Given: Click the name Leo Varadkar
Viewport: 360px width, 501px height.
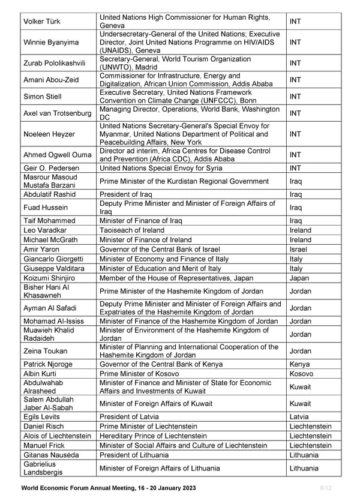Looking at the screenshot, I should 44,230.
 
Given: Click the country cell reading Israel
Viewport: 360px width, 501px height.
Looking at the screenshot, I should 298,249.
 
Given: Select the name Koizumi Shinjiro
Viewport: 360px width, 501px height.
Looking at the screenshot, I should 52,278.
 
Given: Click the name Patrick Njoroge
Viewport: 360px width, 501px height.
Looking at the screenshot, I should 49,364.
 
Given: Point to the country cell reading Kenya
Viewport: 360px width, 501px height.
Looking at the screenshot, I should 300,364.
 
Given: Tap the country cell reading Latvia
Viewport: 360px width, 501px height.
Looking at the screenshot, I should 299,416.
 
